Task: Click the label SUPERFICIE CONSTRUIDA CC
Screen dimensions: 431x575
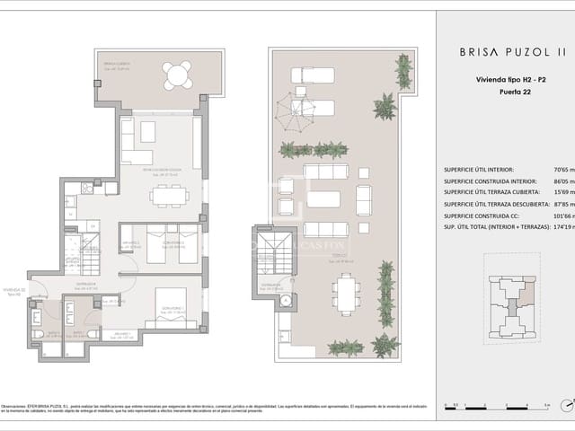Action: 482,215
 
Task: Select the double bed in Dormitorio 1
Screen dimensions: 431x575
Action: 171,305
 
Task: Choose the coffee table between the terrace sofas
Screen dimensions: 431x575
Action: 324,199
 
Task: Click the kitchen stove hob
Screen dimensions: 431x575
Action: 88,188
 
